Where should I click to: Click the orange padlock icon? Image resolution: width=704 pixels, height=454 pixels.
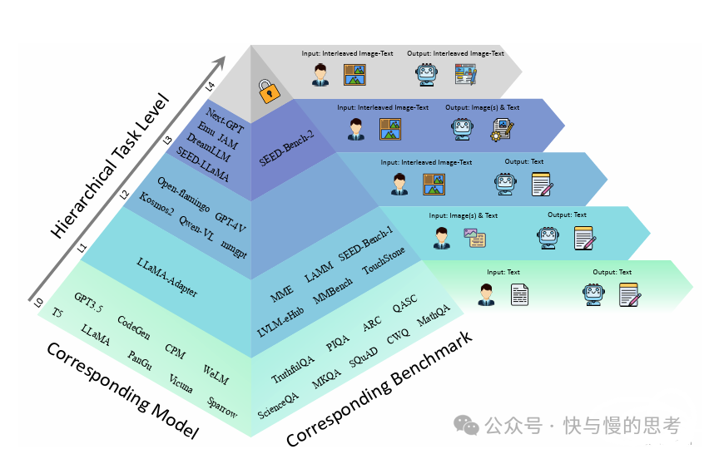(x=269, y=91)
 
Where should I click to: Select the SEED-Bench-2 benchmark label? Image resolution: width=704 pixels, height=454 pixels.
(x=287, y=149)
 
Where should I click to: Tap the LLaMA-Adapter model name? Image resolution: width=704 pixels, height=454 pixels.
(x=167, y=277)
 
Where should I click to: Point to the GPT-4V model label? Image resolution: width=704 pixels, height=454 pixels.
(x=230, y=223)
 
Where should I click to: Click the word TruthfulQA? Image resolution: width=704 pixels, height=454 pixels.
(x=293, y=369)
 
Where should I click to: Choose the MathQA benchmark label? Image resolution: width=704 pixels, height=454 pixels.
(x=434, y=315)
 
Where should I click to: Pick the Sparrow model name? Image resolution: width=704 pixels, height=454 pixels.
(x=222, y=407)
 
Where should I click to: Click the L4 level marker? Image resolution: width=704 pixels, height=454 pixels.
(x=211, y=86)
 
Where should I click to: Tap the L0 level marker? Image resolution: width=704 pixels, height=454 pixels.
(x=38, y=303)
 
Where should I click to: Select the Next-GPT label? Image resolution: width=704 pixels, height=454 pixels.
(x=225, y=121)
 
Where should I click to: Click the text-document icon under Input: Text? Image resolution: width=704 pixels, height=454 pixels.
(x=519, y=294)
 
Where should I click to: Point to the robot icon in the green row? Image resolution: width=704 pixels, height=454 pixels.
(x=593, y=294)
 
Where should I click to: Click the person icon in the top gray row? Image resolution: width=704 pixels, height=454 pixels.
(x=320, y=75)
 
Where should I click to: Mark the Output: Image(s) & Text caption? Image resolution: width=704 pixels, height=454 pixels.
(x=482, y=107)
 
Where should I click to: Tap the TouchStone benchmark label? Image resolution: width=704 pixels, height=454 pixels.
(x=384, y=260)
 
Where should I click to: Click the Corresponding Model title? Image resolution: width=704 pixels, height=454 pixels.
(x=122, y=390)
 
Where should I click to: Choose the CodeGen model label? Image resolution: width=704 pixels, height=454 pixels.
(x=134, y=328)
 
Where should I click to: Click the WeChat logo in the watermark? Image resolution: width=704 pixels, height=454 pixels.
(x=466, y=425)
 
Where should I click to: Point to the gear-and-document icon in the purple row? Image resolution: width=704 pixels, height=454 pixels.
(x=502, y=130)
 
